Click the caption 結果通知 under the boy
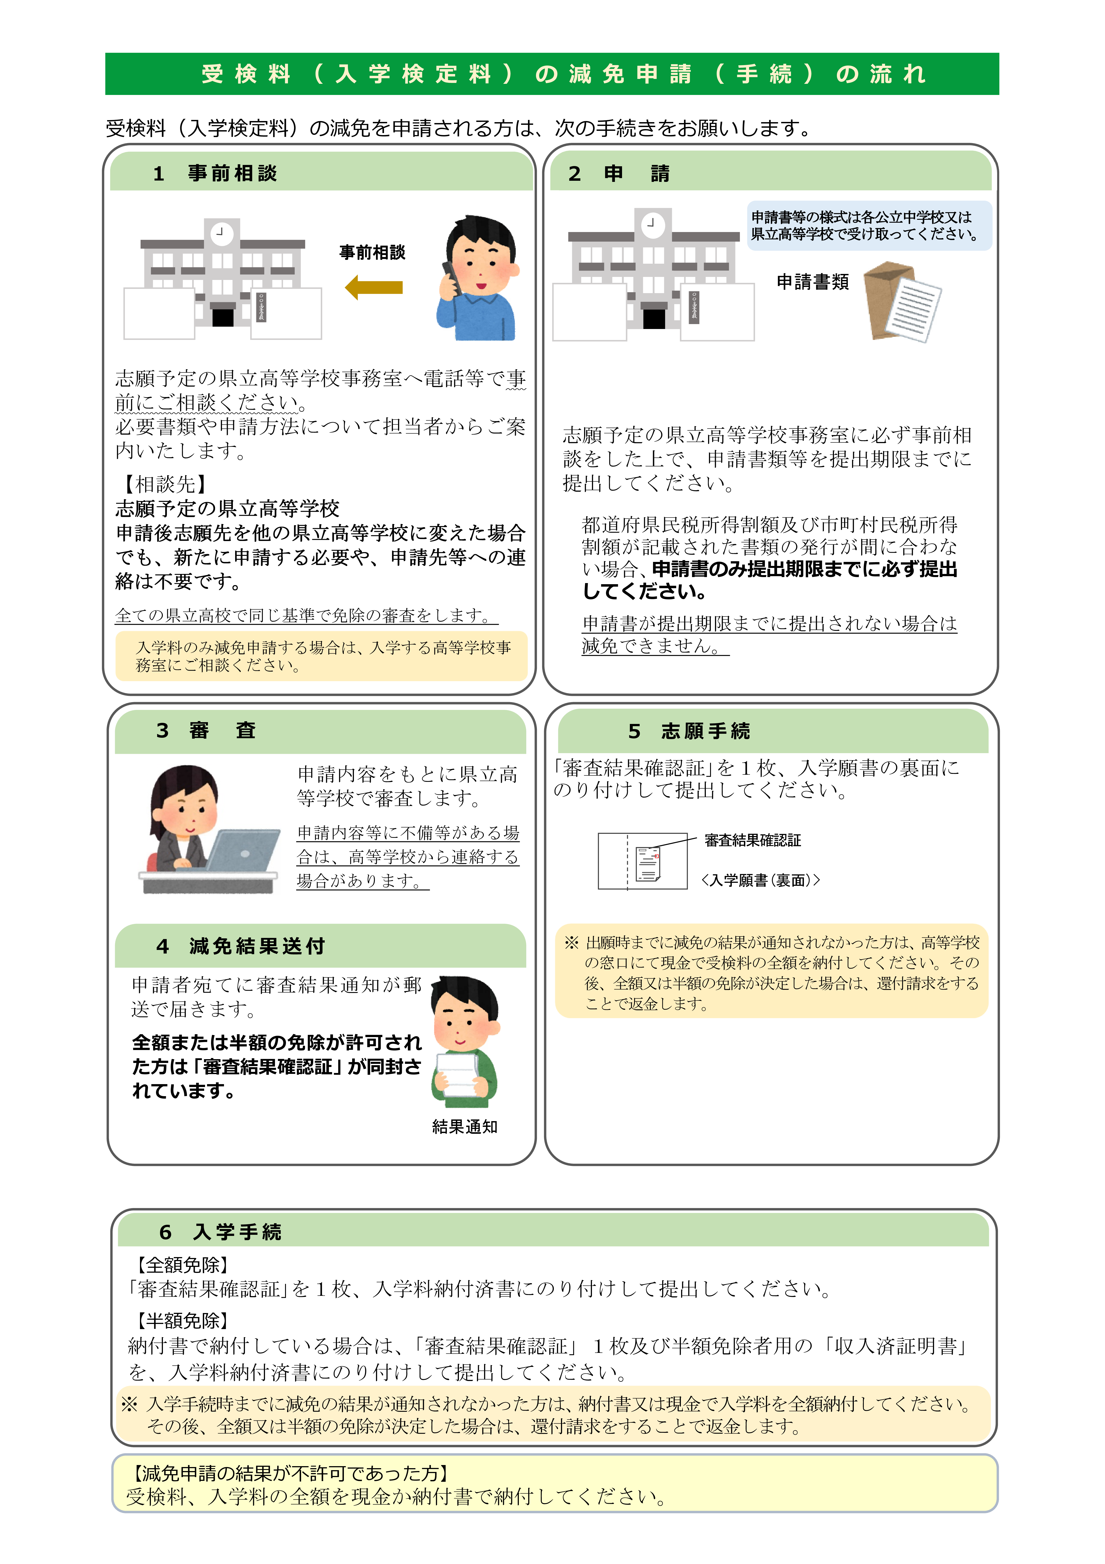[465, 1127]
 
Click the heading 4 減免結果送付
[240, 946]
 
